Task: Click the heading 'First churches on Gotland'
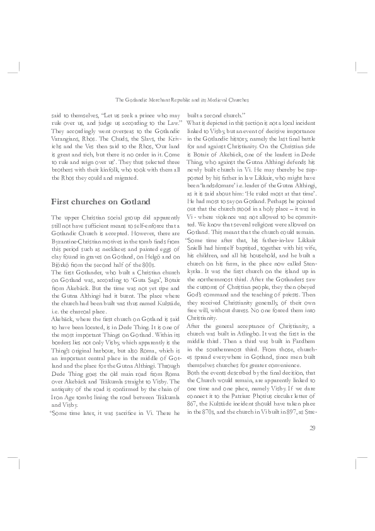coord(100,201)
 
